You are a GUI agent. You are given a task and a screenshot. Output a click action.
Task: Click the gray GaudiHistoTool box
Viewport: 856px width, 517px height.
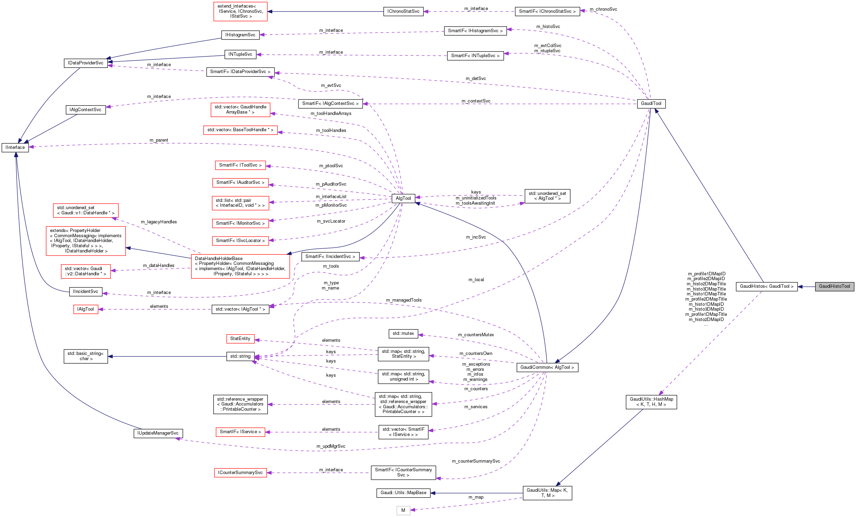pos(834,286)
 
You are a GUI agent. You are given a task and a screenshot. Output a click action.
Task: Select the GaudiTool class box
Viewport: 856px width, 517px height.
pos(651,104)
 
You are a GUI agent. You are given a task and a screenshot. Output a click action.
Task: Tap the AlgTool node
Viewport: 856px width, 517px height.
pos(403,198)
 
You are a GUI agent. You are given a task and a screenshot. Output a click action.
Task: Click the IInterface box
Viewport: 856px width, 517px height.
pos(15,147)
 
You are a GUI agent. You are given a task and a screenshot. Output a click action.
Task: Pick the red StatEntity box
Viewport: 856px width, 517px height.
pos(240,338)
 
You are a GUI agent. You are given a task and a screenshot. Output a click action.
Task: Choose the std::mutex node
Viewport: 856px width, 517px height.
pos(403,333)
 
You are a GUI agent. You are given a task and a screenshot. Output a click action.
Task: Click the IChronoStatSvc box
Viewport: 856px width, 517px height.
pos(403,11)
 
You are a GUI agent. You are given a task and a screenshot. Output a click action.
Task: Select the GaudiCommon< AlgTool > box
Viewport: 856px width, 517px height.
pos(547,367)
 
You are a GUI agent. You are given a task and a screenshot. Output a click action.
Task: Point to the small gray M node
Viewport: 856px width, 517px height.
pos(403,510)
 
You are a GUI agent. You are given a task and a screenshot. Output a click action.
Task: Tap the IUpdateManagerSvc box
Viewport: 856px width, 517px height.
pos(158,433)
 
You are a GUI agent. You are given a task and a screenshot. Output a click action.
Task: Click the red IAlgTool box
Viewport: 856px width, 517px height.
pos(86,309)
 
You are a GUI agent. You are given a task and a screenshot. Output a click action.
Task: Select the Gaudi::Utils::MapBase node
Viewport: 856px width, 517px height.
pos(403,493)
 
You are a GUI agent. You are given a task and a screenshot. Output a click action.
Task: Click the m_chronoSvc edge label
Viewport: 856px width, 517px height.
pos(603,9)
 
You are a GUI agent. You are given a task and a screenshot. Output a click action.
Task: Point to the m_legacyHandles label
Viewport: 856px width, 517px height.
pos(159,222)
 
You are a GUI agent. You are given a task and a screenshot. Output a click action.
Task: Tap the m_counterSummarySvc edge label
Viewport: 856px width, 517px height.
pos(475,461)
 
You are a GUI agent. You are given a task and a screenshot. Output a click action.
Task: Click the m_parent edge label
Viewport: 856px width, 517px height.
pos(159,140)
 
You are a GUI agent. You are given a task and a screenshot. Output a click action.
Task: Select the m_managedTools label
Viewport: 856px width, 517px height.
pos(404,300)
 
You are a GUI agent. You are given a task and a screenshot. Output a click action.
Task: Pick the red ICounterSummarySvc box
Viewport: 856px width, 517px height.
pos(240,473)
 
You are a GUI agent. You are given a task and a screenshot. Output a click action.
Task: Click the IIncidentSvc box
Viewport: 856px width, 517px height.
pos(86,292)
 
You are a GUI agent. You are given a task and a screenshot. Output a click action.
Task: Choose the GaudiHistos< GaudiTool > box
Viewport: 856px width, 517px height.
pos(766,286)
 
